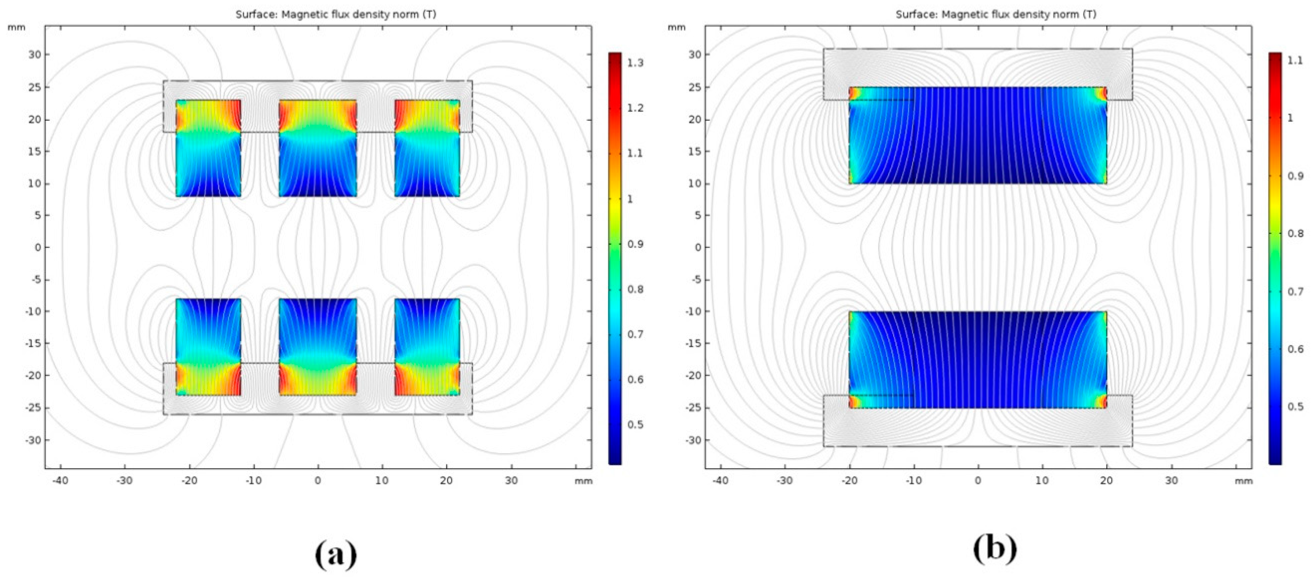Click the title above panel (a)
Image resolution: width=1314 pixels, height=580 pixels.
[x=336, y=14]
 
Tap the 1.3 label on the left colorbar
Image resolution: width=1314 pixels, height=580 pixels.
[x=635, y=63]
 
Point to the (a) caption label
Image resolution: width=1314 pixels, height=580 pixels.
[x=336, y=554]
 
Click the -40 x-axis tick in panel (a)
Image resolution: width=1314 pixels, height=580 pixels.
[x=60, y=481]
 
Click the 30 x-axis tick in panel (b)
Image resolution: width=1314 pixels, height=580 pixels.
[x=1171, y=481]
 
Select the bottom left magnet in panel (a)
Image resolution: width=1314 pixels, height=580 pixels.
[x=208, y=347]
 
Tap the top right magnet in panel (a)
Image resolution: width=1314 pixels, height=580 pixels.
[x=427, y=148]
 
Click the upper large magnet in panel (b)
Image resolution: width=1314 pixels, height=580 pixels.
[x=977, y=135]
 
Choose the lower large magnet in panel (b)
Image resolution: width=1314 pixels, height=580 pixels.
[x=977, y=360]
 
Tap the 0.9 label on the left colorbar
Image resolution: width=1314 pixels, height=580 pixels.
[x=635, y=244]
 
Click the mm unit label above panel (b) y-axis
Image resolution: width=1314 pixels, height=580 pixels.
[x=676, y=27]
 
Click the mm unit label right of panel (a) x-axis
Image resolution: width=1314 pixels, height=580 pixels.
[x=583, y=481]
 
